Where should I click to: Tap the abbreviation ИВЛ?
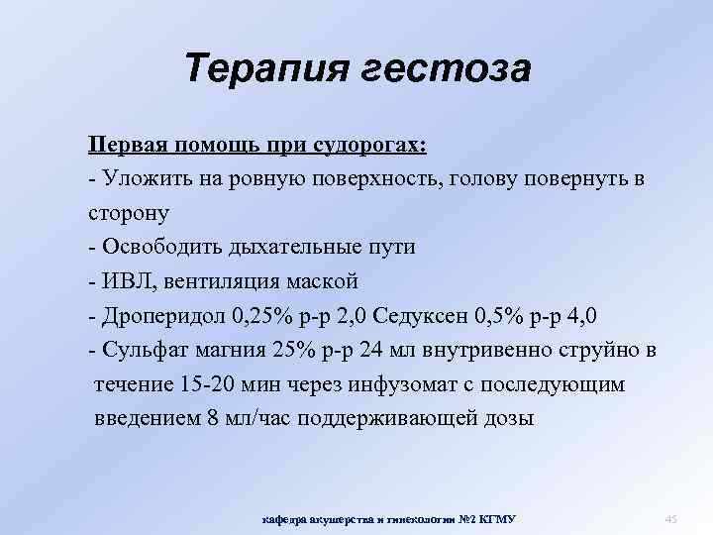[122, 280]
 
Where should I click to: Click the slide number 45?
[669, 519]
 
